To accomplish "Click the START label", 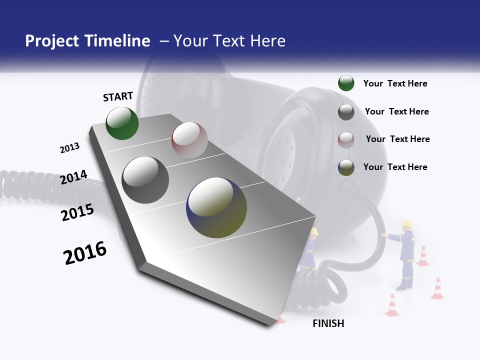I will coord(118,96).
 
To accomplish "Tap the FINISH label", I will coord(328,323).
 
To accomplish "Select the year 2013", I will coord(69,148).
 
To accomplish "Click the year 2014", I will coord(73,177).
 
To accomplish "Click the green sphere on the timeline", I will coord(122,123).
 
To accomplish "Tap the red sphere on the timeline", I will coord(189,140).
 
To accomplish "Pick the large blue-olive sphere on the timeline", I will coord(216,207).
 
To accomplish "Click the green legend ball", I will coord(346,83).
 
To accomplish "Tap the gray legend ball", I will coord(346,112).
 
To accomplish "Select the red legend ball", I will coord(346,139).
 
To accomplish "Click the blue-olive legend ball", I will coord(346,167).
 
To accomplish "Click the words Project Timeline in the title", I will coord(87,41).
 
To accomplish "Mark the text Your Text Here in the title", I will coord(229,41).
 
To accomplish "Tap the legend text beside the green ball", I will coord(395,83).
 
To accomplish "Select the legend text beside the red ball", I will coord(397,139).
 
